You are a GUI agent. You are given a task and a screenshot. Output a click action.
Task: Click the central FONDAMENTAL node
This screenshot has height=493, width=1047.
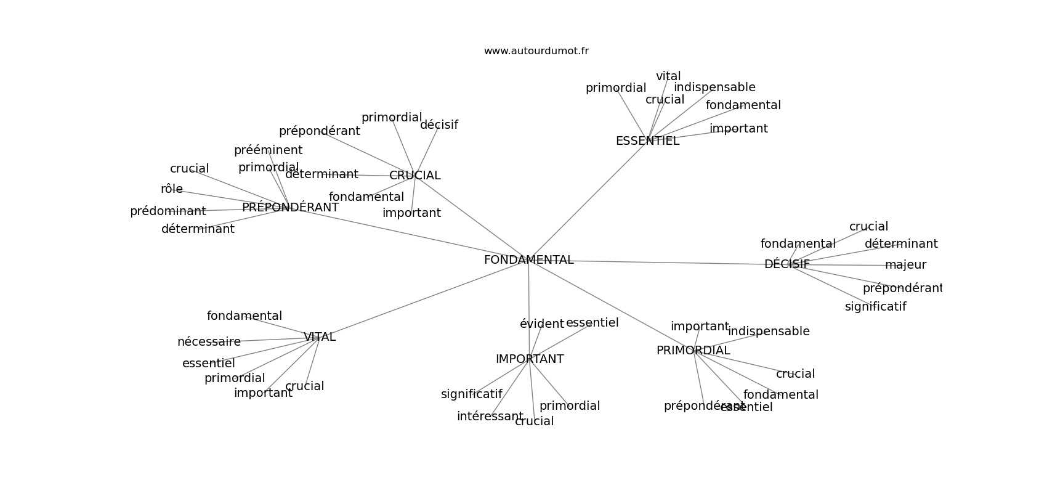(528, 260)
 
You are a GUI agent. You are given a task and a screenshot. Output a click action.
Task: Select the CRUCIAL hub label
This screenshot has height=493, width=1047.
(414, 176)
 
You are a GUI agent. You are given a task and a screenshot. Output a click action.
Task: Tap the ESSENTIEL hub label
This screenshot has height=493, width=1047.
(647, 141)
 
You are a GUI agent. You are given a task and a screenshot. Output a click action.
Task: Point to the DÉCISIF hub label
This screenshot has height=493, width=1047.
(786, 264)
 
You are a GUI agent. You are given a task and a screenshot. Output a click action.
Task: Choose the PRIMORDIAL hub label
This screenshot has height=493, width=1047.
(693, 351)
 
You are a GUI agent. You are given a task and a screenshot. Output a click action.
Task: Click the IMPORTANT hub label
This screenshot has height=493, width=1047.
(529, 359)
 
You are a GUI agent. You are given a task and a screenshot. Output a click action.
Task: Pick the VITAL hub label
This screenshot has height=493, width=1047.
(319, 337)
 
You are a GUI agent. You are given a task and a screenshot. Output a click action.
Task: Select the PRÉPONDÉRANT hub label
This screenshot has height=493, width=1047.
(290, 208)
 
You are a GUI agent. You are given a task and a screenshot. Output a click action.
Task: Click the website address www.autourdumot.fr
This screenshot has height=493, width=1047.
(536, 51)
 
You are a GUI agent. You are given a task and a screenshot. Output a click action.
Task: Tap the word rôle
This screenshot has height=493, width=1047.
(171, 189)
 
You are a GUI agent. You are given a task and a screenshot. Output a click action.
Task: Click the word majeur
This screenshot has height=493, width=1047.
(905, 265)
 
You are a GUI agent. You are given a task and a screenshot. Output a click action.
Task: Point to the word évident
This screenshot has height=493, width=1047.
(541, 324)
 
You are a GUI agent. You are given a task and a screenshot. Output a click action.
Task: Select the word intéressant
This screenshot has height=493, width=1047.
(490, 417)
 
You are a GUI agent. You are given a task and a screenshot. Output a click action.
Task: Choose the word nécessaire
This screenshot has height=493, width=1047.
(209, 342)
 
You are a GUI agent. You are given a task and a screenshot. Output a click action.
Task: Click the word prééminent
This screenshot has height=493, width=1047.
(268, 150)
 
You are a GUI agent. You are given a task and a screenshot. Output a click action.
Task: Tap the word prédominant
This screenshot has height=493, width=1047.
(168, 211)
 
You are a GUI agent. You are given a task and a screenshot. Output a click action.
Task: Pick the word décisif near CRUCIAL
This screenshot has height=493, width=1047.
(439, 125)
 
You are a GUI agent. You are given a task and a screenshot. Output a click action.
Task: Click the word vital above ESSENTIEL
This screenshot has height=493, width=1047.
(668, 76)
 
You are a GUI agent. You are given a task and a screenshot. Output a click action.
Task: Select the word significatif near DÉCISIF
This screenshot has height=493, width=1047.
(875, 307)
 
